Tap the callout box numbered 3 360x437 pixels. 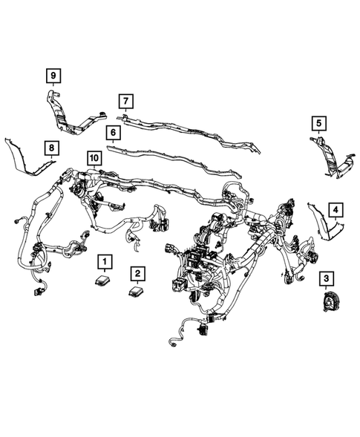click(326, 278)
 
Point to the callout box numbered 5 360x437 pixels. click(318, 122)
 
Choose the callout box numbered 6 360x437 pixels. click(113, 134)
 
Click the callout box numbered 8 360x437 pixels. click(50, 149)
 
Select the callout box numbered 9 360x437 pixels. click(53, 75)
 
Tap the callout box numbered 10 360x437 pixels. click(94, 158)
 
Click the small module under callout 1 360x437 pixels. click(103, 280)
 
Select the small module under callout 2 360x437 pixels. click(135, 290)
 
